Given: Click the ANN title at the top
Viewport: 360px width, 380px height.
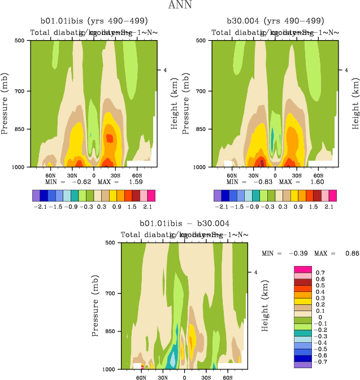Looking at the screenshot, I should click(x=180, y=5).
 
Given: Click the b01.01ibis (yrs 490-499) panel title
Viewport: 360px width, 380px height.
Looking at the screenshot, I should click(x=94, y=21).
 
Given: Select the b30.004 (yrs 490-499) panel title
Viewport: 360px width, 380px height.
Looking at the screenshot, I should click(x=275, y=21).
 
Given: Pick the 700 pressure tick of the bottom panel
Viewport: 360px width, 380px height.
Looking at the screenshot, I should click(x=114, y=294).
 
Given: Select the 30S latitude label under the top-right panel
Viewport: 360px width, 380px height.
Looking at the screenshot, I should click(x=297, y=175).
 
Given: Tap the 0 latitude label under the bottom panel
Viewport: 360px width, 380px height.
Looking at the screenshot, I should click(x=184, y=377).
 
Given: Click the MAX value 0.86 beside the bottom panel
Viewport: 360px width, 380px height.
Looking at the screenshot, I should click(x=350, y=254).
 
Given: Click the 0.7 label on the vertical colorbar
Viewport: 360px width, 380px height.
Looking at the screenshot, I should click(x=320, y=272).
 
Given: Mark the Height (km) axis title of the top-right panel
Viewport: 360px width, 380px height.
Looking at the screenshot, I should click(x=356, y=105).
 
